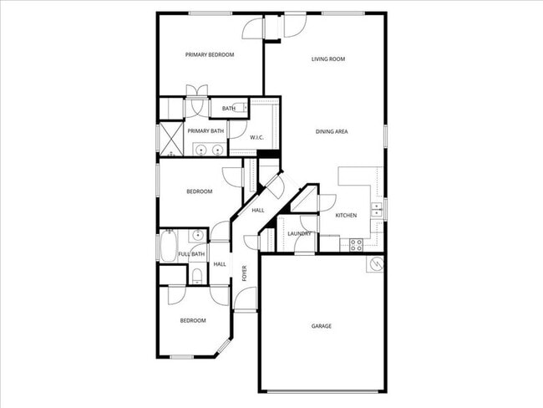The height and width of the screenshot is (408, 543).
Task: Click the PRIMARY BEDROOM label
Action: click(x=209, y=55)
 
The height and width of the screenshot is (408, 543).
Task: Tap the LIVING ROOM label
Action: click(x=328, y=59)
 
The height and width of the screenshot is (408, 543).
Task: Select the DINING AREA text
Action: click(x=332, y=131)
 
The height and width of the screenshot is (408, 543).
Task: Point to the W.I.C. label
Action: click(x=257, y=136)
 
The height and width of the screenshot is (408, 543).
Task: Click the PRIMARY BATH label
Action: click(x=206, y=131)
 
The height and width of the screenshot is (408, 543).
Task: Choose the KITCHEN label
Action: click(x=346, y=216)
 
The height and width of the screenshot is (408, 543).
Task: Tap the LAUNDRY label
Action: click(x=299, y=234)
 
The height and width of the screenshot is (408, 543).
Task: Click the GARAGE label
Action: click(x=322, y=326)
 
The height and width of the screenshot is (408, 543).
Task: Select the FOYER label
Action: click(x=245, y=273)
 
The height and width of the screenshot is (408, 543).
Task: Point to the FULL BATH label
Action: click(x=191, y=254)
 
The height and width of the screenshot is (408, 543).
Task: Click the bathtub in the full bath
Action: click(x=166, y=246)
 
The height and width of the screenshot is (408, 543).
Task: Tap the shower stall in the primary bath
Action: click(x=172, y=139)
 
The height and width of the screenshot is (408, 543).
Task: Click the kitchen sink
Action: click(x=377, y=207)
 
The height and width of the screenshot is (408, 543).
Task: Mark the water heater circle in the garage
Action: click(x=375, y=264)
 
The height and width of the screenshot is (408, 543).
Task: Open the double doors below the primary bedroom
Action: click(x=197, y=92)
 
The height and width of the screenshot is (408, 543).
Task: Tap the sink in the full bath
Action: click(x=197, y=235)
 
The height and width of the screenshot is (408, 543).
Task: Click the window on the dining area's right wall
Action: click(x=385, y=136)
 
